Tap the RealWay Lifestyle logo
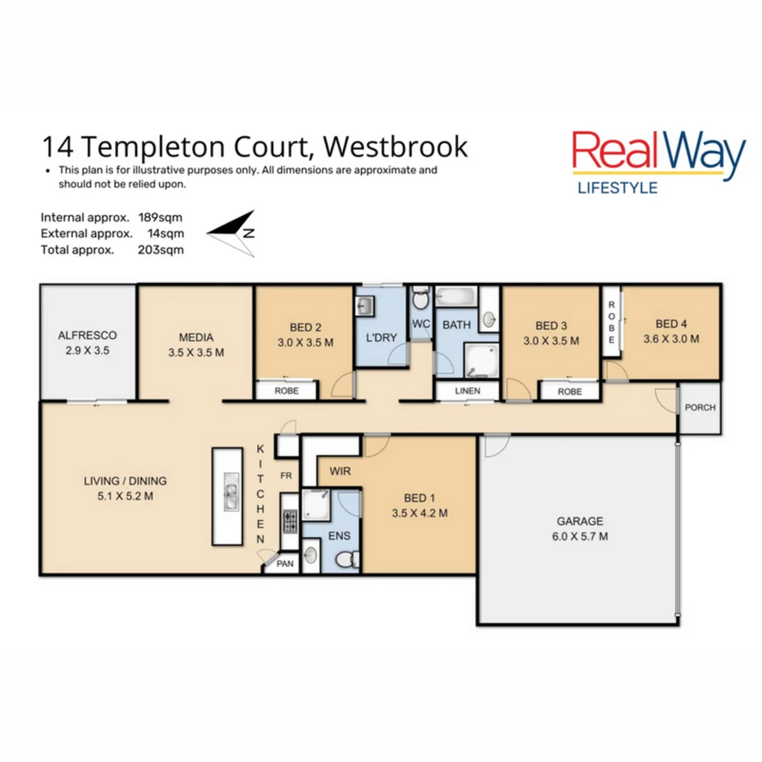tap(658, 161)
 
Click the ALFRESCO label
tap(87, 336)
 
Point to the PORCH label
tap(700, 408)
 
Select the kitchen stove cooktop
tap(289, 521)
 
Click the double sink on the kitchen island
tap(231, 491)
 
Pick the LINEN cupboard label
tap(468, 391)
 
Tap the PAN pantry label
tap(285, 564)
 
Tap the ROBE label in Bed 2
tap(286, 391)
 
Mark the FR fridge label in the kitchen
tap(286, 475)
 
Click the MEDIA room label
tap(196, 337)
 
